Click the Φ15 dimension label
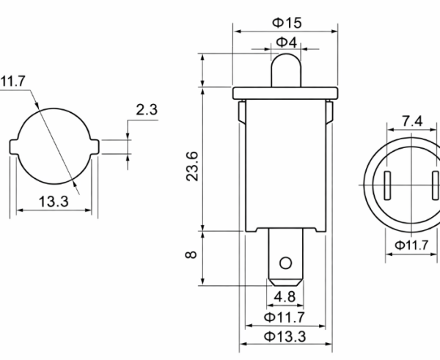287,23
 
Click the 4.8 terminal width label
285,297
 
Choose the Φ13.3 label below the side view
286,337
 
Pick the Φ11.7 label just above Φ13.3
286,317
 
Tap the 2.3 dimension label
147,111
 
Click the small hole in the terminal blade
286,262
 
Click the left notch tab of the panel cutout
15,145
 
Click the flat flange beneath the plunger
286,92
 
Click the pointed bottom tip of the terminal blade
286,284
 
